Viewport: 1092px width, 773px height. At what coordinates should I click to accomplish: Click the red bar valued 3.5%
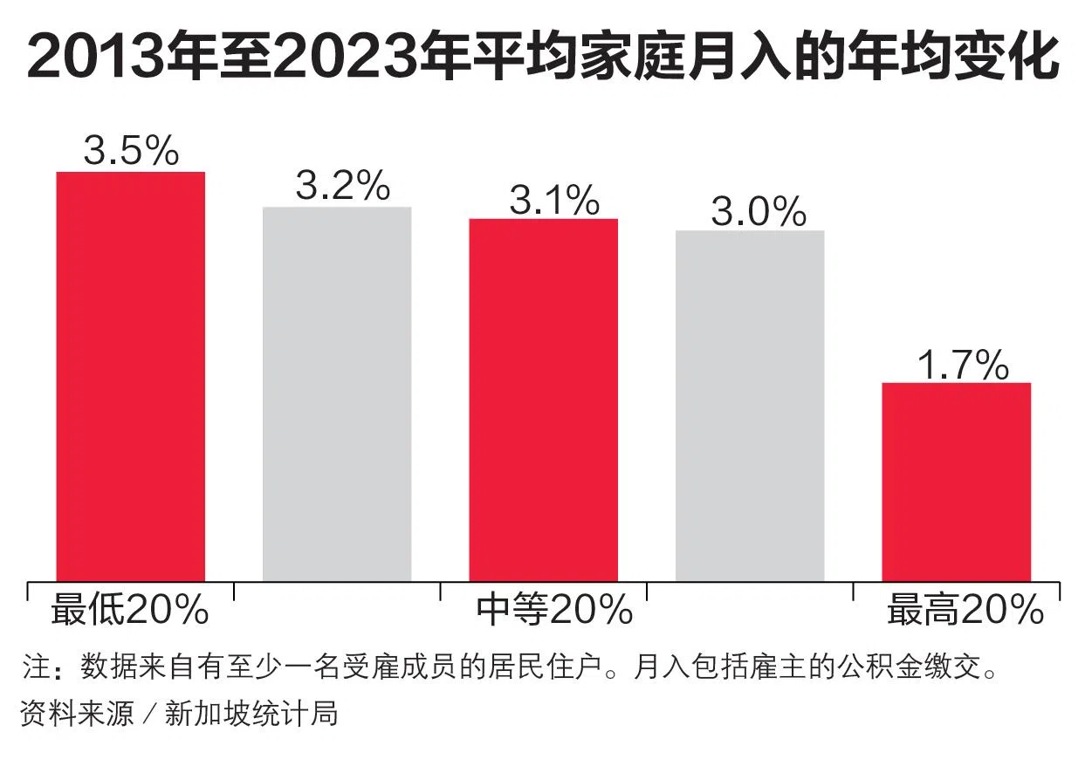[131, 375]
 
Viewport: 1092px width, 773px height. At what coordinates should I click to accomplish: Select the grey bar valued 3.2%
[337, 393]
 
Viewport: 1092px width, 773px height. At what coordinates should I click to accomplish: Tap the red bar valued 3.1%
[543, 399]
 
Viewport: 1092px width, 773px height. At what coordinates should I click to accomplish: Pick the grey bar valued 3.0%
[750, 405]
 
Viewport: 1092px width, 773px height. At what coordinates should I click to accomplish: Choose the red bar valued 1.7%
[956, 481]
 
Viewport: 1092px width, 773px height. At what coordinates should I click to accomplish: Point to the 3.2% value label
[342, 185]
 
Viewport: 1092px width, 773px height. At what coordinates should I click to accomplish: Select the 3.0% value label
[758, 212]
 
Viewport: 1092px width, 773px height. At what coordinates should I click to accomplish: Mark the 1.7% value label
[963, 366]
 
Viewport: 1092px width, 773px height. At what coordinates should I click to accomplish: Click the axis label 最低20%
[129, 610]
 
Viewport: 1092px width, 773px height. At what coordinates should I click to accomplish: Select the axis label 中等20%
[554, 610]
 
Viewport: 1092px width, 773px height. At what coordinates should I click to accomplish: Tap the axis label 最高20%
[965, 610]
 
